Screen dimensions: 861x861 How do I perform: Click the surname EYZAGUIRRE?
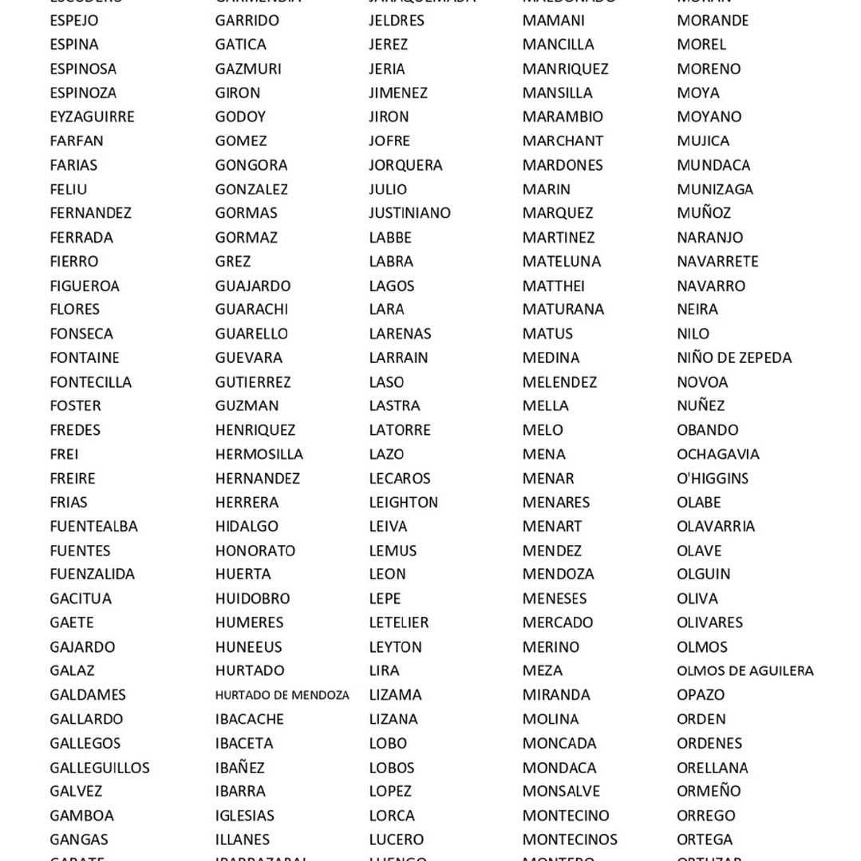92,117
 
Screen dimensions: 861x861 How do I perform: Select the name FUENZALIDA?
92,574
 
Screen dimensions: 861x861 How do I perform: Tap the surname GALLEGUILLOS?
99,768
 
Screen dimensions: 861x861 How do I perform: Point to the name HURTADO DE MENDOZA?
282,695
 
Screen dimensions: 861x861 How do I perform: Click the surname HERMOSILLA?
259,454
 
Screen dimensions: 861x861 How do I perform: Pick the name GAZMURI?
247,69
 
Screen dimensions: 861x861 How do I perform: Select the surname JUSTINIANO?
409,213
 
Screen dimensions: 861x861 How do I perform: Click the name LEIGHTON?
403,502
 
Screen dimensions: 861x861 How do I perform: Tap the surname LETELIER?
398,622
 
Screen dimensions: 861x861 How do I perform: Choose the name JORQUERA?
405,165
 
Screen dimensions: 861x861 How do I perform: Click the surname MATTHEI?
553,286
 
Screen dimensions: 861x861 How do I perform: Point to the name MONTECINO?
565,816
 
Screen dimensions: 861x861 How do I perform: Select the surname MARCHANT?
563,140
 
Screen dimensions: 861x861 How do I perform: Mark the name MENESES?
554,598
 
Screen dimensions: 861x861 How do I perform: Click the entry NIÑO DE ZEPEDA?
733,357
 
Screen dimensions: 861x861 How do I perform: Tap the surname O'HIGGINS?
712,478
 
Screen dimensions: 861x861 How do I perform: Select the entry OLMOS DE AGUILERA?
744,671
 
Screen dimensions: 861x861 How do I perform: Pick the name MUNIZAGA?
714,189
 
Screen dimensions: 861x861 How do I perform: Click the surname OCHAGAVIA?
717,454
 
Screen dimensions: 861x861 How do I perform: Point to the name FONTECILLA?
90,382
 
